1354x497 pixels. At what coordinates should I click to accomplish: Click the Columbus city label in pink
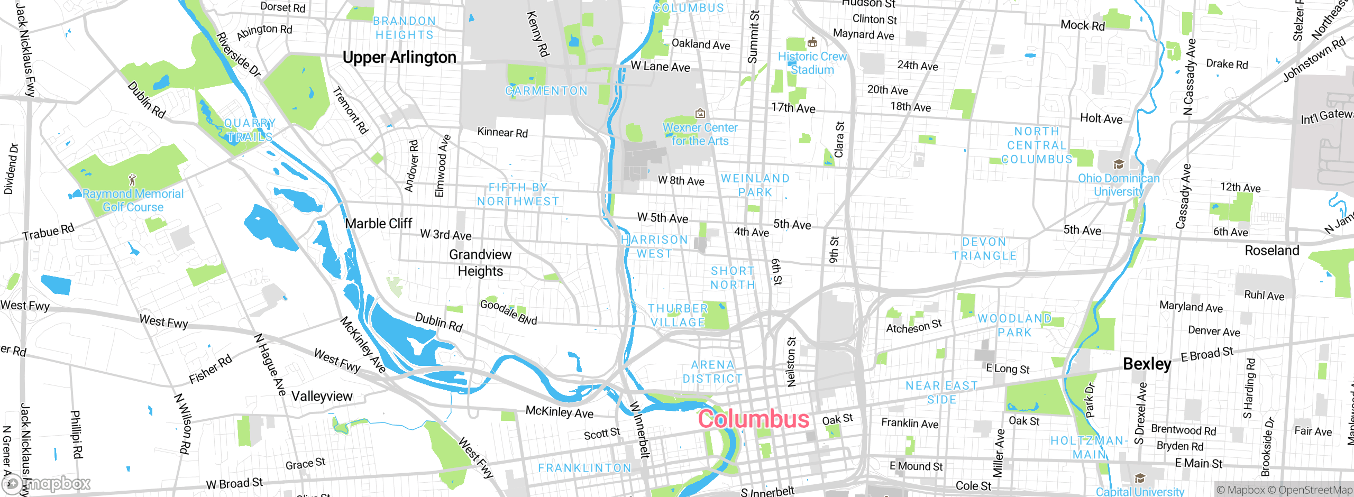754,419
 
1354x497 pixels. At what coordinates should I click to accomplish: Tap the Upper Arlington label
399,57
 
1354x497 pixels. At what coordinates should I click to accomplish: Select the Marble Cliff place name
378,224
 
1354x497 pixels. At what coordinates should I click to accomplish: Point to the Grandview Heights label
480,263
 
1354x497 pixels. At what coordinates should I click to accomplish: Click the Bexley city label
1147,364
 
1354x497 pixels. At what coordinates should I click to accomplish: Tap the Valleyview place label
322,396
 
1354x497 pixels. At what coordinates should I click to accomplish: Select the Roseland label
1271,251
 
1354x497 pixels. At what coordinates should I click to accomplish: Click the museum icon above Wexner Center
700,113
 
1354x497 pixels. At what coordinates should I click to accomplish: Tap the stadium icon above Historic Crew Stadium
812,42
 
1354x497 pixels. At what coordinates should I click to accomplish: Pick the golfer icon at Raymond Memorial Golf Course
133,180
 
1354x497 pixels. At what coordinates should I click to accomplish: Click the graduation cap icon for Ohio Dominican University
1118,164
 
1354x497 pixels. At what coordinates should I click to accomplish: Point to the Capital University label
1140,492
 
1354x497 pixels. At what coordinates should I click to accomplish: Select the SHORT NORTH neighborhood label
733,278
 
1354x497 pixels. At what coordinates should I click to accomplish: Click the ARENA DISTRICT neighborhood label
712,372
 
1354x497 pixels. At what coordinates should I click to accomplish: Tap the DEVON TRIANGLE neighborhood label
984,249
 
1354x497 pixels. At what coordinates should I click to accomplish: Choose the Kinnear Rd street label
502,132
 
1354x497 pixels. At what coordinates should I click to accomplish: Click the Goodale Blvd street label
508,312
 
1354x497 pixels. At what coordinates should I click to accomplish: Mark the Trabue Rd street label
49,232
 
